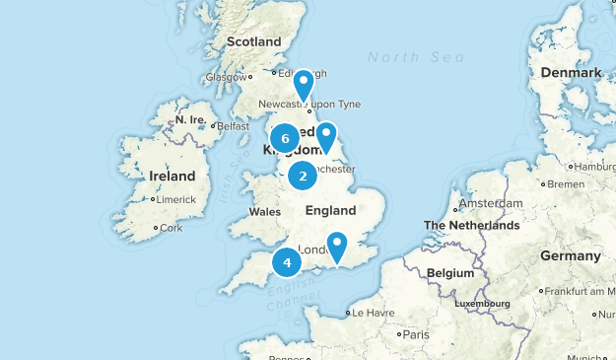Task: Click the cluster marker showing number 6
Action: pos(284,138)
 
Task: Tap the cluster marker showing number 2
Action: pos(303,176)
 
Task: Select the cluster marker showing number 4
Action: pos(287,262)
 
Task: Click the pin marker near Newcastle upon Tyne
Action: pos(304,84)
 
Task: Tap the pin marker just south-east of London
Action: pos(338,246)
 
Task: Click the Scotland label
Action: pos(254,41)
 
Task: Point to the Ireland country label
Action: pos(172,176)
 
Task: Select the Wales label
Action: pos(265,212)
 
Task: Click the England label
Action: pos(330,210)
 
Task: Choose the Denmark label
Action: pos(571,73)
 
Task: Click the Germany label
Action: pos(570,255)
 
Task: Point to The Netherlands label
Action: pos(471,226)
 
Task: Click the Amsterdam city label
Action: pos(490,203)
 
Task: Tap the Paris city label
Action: pos(415,334)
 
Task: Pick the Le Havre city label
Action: pos(372,313)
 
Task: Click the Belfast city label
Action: pos(233,126)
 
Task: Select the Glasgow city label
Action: pos(226,76)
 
